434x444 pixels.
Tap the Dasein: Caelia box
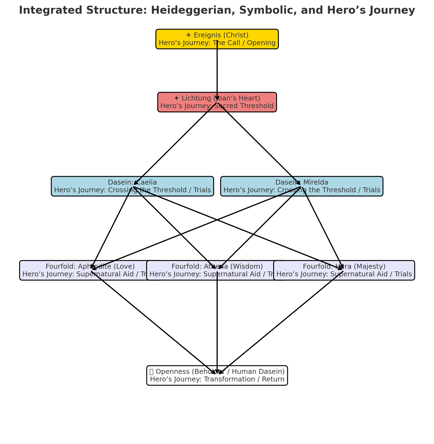tap(82, 186)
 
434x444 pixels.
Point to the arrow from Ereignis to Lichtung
tap(217, 71)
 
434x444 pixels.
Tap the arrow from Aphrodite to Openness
tap(153, 322)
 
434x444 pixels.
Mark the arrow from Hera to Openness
tap(281, 322)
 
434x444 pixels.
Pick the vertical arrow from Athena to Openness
tap(217, 322)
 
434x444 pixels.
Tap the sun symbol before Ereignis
tap(188, 35)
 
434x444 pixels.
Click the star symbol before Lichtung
tap(177, 98)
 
